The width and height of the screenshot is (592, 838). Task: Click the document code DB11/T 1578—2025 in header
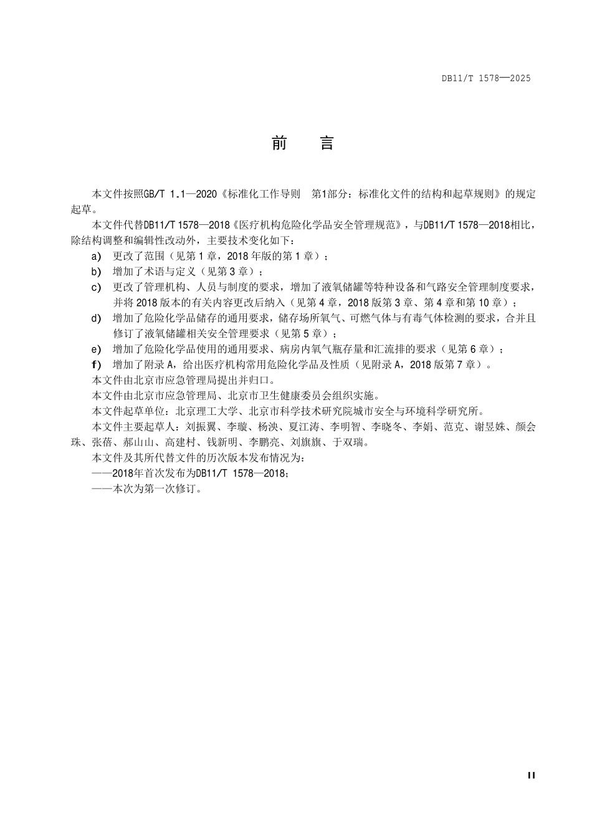tap(486, 79)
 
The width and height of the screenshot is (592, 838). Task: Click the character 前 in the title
tap(279, 144)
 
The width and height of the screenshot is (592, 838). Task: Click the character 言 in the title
tap(327, 144)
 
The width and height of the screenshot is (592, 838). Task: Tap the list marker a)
tap(96, 256)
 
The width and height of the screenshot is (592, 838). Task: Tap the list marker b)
tap(96, 272)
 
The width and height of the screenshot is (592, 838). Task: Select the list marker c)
tap(96, 287)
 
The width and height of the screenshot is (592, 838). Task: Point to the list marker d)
tap(96, 318)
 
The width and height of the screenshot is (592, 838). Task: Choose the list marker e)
tap(96, 350)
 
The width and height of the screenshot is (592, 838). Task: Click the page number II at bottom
tap(531, 775)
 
